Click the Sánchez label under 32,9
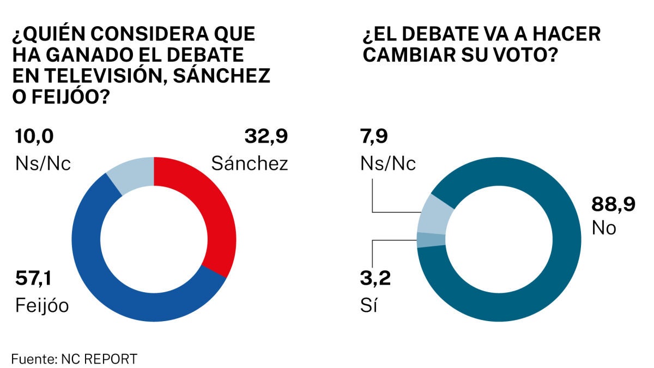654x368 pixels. tap(250, 163)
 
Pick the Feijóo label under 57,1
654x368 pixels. tap(41, 306)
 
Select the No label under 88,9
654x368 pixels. tap(604, 227)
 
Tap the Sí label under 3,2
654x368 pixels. tap(370, 306)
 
